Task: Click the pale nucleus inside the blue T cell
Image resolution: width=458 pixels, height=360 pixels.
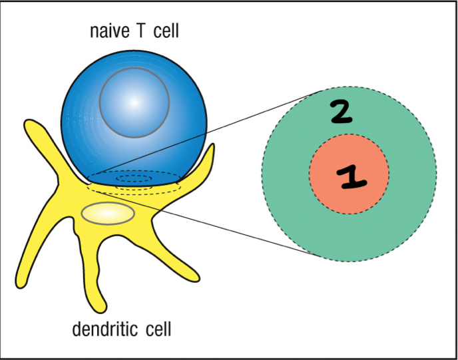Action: [x=134, y=103]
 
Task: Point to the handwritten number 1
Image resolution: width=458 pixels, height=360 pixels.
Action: [x=349, y=176]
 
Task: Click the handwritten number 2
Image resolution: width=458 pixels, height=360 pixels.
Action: [x=342, y=114]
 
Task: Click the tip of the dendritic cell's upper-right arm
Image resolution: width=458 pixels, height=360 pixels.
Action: [x=212, y=148]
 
